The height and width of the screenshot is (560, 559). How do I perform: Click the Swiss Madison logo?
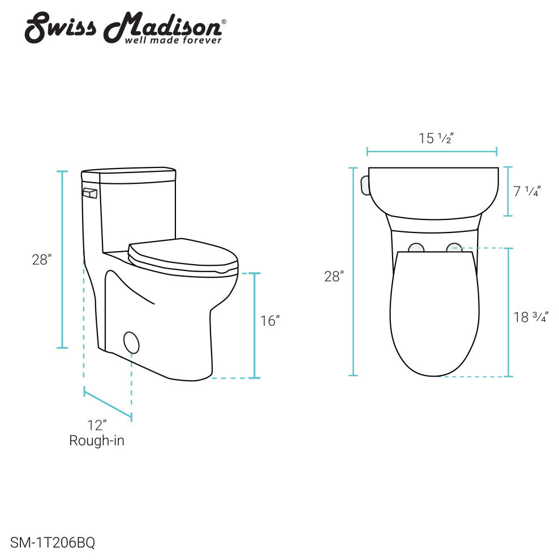[125, 28]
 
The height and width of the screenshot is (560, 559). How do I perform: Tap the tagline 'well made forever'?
[173, 40]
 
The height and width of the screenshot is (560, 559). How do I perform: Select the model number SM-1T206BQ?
[53, 542]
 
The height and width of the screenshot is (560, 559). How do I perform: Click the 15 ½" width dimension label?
[436, 138]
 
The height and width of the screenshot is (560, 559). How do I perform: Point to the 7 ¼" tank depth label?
[527, 191]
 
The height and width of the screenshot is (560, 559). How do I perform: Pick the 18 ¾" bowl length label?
[531, 317]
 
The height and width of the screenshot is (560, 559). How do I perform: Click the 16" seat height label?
[270, 321]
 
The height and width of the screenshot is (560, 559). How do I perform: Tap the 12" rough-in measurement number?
[97, 425]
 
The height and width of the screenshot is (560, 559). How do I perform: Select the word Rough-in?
[97, 440]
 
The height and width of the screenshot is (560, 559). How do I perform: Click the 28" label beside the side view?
[42, 260]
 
